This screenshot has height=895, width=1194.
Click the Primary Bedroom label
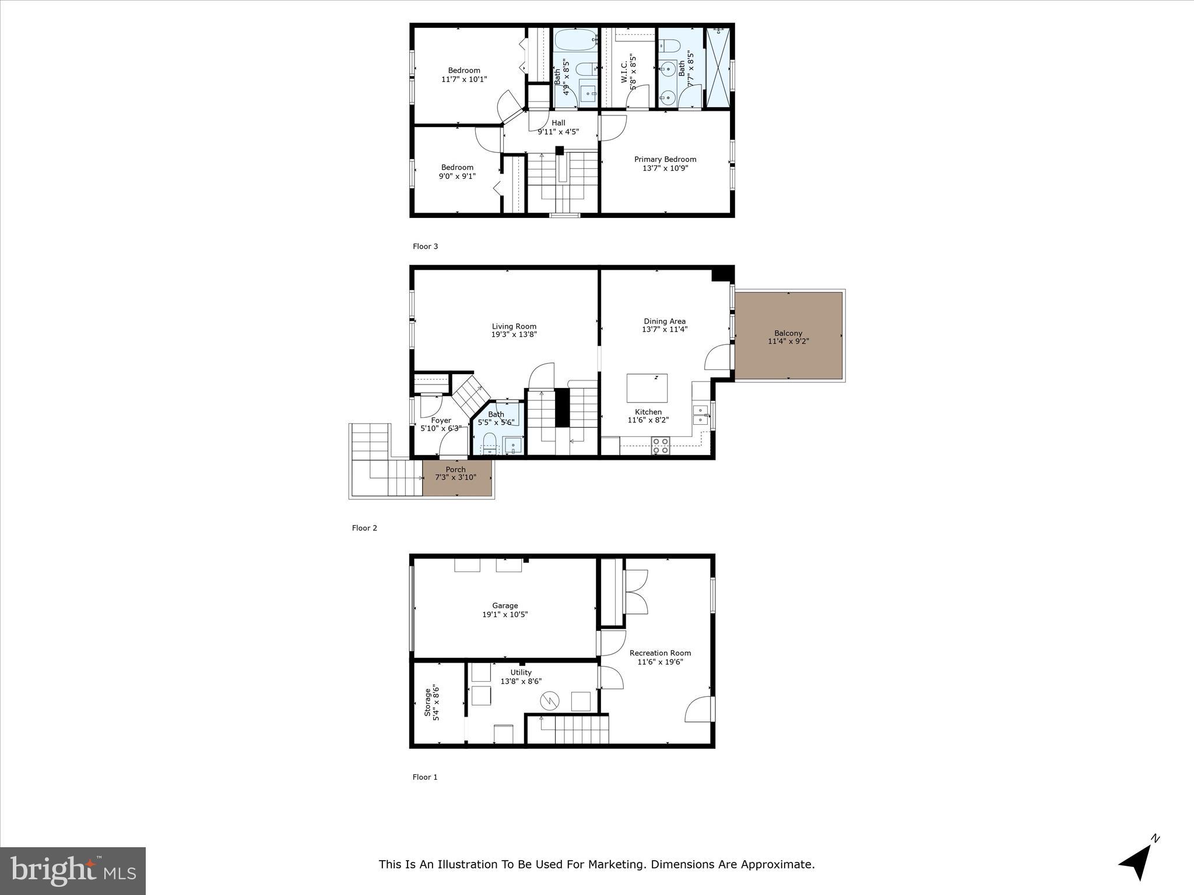click(665, 159)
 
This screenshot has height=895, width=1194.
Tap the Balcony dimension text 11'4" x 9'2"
click(788, 341)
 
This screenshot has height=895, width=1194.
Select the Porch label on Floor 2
click(455, 470)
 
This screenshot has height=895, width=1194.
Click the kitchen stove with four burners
click(661, 445)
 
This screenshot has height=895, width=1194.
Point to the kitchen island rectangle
click(647, 388)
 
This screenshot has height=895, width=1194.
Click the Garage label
click(504, 605)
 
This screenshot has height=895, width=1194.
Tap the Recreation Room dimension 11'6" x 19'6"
click(660, 662)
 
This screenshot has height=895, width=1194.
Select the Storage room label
click(427, 703)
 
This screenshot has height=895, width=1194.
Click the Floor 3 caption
click(425, 246)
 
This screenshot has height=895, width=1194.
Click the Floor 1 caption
click(424, 777)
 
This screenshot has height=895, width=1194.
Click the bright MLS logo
click(72, 871)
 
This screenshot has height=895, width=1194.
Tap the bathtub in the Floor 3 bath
click(575, 40)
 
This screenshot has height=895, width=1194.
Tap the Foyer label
click(441, 420)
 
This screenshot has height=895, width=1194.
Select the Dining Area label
click(664, 321)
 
